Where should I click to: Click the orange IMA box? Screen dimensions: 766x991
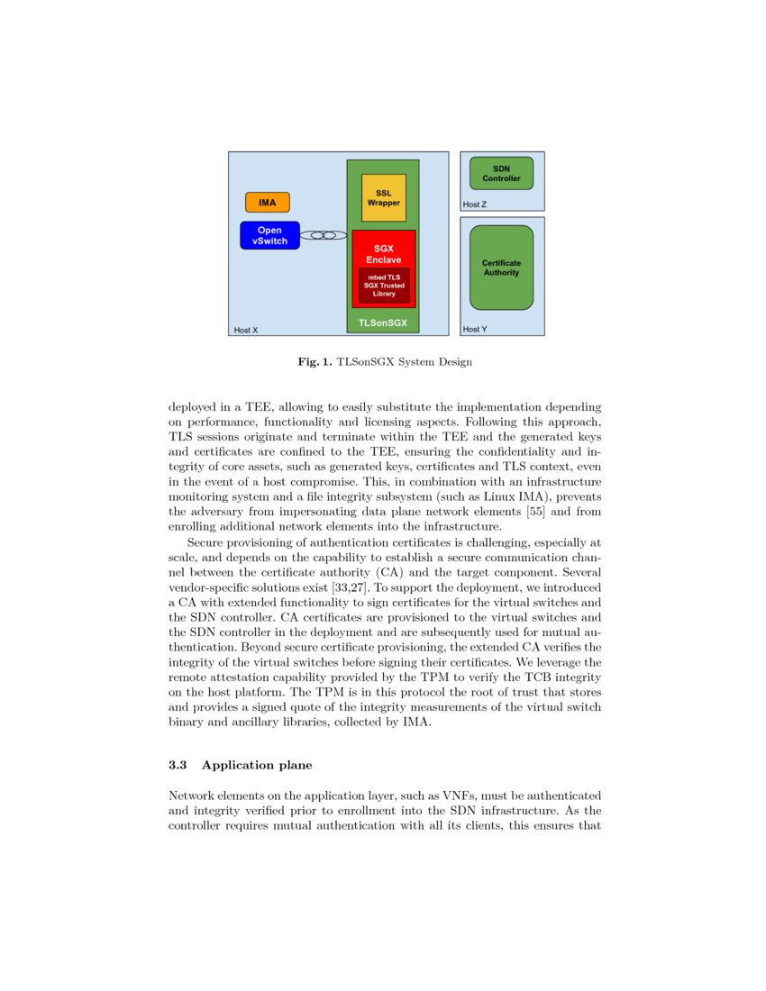pos(268,203)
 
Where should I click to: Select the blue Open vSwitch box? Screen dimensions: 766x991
pos(269,235)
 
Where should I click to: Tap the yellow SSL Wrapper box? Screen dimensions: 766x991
pos(383,198)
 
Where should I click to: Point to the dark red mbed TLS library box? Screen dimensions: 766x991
pos(384,285)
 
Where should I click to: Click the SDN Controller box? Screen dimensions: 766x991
pos(501,173)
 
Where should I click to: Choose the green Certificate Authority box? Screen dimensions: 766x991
pos(501,268)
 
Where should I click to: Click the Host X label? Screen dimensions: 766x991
pos(246,331)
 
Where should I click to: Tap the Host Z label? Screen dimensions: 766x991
pos(475,205)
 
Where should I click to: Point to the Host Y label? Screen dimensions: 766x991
pos(475,330)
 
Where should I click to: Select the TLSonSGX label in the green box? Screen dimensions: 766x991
pos(383,322)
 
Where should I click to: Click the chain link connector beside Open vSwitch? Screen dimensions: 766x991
pos(324,235)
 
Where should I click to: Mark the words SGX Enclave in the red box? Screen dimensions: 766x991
pos(384,253)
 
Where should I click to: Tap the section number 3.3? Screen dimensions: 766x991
pos(178,765)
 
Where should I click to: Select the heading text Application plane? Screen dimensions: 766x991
pos(257,765)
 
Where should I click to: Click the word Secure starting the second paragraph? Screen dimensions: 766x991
pos(206,542)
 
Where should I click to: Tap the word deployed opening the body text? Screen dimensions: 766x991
pos(194,407)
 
